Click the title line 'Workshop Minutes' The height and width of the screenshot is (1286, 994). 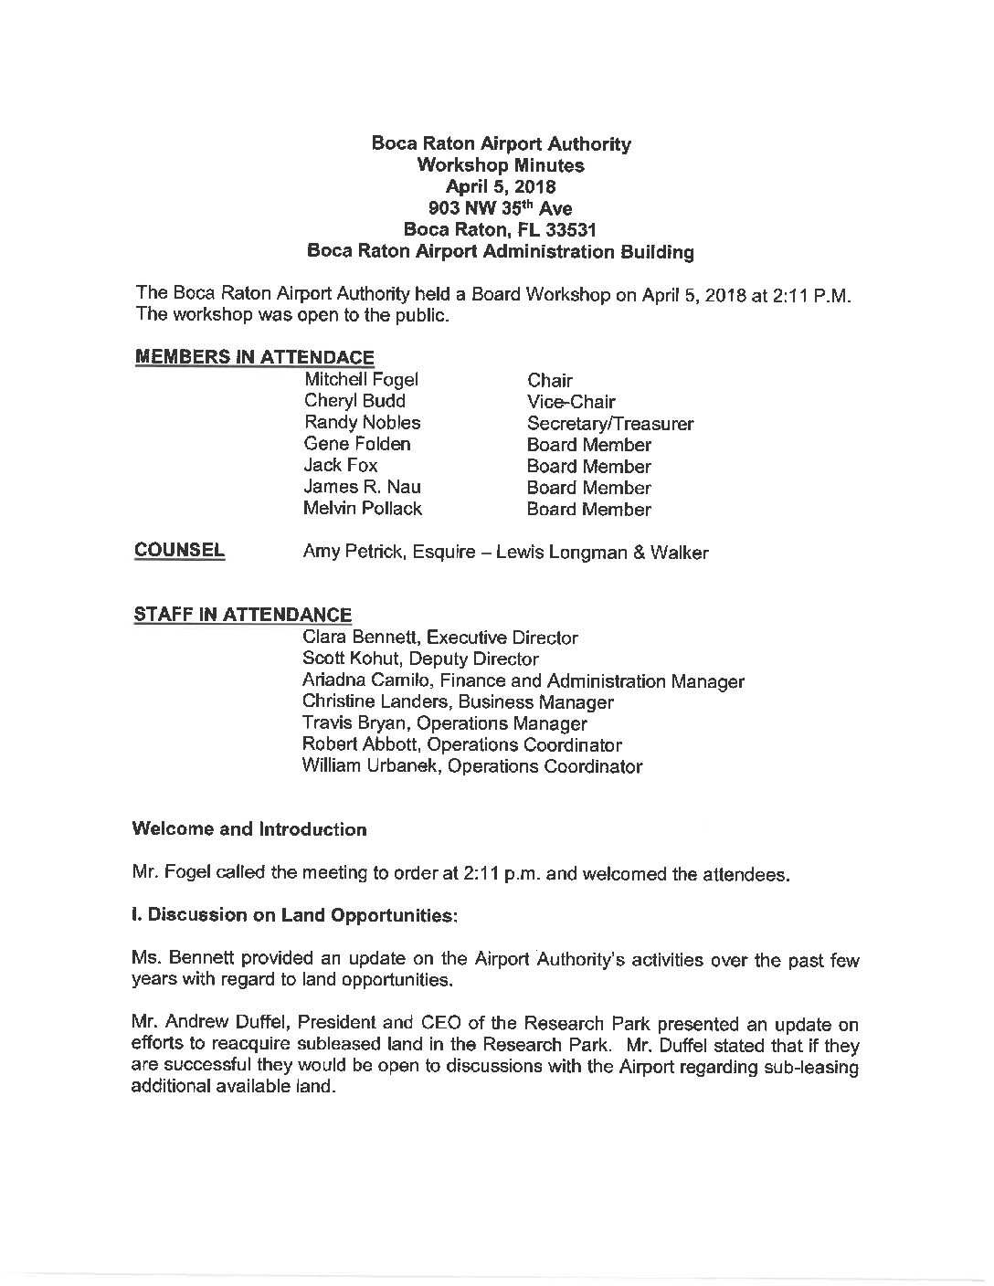[500, 165]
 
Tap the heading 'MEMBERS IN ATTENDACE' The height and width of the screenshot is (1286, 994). [254, 357]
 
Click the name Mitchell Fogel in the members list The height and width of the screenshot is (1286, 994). [360, 379]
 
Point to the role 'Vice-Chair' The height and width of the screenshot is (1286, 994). [571, 402]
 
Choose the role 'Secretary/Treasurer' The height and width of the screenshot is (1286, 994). [609, 424]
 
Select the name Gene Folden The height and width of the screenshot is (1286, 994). [356, 444]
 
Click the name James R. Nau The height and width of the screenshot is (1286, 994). [362, 487]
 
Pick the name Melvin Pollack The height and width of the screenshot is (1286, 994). [362, 509]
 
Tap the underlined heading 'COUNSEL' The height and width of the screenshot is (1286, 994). [179, 550]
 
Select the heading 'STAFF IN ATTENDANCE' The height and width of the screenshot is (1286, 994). [242, 615]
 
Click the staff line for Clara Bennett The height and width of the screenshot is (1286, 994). [439, 638]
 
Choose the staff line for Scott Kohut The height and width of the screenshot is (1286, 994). [420, 659]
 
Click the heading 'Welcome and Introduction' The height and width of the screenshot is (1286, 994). [249, 829]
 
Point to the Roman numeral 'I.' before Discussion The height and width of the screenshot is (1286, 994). [137, 914]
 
